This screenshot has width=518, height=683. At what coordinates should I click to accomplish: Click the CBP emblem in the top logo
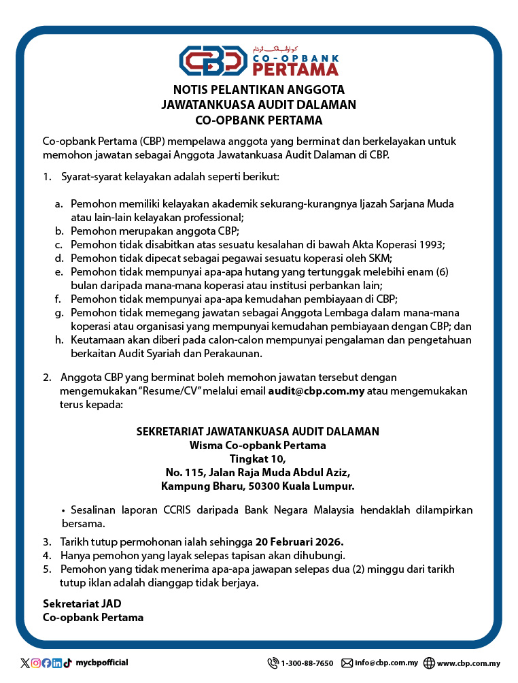click(213, 61)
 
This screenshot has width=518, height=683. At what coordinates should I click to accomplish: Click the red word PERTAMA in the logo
click(294, 69)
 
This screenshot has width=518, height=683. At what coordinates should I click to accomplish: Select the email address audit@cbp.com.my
click(317, 391)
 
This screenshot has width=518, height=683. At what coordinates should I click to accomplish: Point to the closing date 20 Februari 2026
click(299, 542)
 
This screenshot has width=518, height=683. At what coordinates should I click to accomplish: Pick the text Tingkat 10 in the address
click(258, 459)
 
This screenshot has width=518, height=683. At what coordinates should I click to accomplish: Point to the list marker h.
click(59, 340)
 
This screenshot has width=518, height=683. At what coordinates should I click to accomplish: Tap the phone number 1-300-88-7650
click(307, 663)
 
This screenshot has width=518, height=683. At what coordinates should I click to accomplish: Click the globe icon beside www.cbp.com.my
click(429, 663)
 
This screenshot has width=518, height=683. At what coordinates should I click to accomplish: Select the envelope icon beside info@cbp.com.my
click(347, 663)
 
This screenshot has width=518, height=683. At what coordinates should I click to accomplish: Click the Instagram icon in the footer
click(36, 663)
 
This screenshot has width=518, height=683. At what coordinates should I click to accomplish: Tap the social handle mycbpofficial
click(101, 663)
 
